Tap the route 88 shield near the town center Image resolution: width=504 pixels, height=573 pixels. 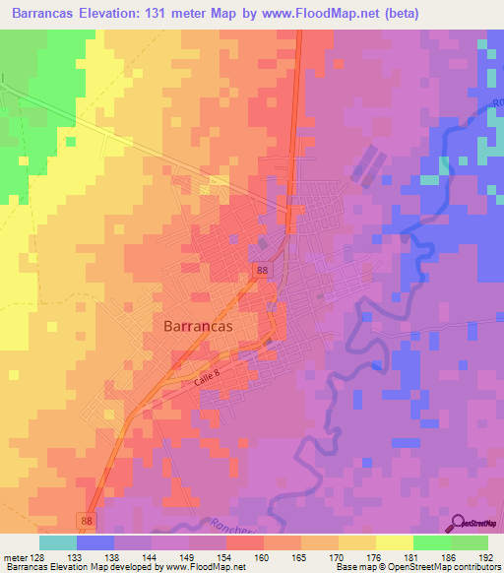coord(260,270)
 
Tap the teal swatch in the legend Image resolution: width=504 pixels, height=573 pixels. coord(58,542)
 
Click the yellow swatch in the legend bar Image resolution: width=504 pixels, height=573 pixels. coord(394,542)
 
